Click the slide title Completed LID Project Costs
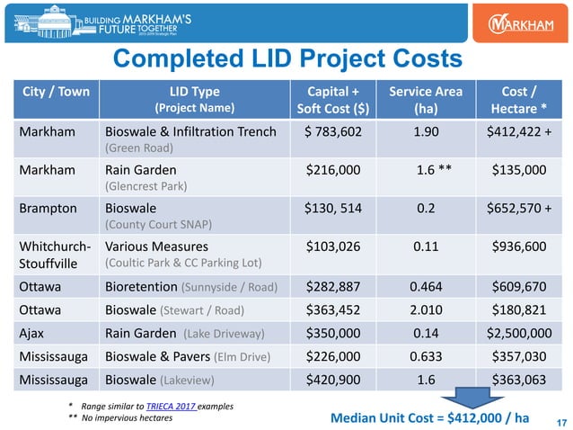point(286,59)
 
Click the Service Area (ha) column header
point(425,100)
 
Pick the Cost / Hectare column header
point(516,100)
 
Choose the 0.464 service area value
point(425,287)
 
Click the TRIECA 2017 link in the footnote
point(181,407)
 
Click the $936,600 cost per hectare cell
point(516,246)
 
